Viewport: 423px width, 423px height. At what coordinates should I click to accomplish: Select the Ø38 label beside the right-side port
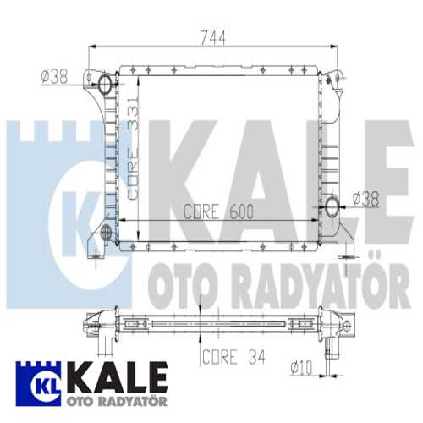365,199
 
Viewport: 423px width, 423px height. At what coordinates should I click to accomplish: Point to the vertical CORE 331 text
133,149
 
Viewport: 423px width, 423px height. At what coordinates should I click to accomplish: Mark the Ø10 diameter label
302,367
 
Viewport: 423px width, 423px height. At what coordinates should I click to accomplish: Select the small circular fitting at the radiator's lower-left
106,232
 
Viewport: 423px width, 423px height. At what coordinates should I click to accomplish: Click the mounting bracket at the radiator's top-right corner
335,77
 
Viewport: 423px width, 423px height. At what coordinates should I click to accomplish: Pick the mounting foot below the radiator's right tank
343,249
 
